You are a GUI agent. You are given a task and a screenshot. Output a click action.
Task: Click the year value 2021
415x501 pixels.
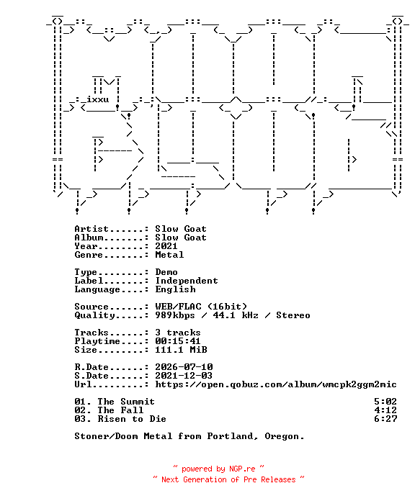166,246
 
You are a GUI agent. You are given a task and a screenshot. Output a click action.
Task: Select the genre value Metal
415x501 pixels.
169,255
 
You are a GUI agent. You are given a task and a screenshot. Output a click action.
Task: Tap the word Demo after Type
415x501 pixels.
166,272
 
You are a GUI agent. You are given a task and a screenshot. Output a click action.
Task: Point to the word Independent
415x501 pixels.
187,281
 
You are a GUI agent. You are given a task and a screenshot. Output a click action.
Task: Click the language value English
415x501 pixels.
176,289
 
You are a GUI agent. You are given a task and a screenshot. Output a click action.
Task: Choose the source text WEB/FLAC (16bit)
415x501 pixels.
201,307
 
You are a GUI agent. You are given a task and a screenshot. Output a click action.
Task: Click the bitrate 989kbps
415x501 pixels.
175,315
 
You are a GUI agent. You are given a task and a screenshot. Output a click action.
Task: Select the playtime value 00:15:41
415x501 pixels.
178,341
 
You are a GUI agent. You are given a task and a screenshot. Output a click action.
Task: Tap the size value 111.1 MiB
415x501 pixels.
181,350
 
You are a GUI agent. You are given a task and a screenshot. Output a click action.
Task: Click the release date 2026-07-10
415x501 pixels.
184,367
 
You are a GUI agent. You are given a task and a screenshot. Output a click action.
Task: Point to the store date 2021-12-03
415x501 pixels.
184,376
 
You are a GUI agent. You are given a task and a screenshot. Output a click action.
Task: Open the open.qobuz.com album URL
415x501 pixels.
276,384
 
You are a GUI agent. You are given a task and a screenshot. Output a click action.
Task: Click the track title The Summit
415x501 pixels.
126,402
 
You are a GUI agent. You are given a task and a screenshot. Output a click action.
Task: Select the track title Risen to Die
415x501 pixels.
132,419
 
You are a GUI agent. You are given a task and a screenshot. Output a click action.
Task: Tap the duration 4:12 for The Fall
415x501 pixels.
385,410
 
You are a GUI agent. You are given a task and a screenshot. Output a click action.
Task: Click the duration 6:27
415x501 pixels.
385,419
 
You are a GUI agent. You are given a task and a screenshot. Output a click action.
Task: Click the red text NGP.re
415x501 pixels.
242,469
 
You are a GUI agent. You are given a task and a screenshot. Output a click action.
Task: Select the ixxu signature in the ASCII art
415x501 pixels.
98,99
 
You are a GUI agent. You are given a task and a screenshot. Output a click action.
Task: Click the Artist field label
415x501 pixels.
92,229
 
